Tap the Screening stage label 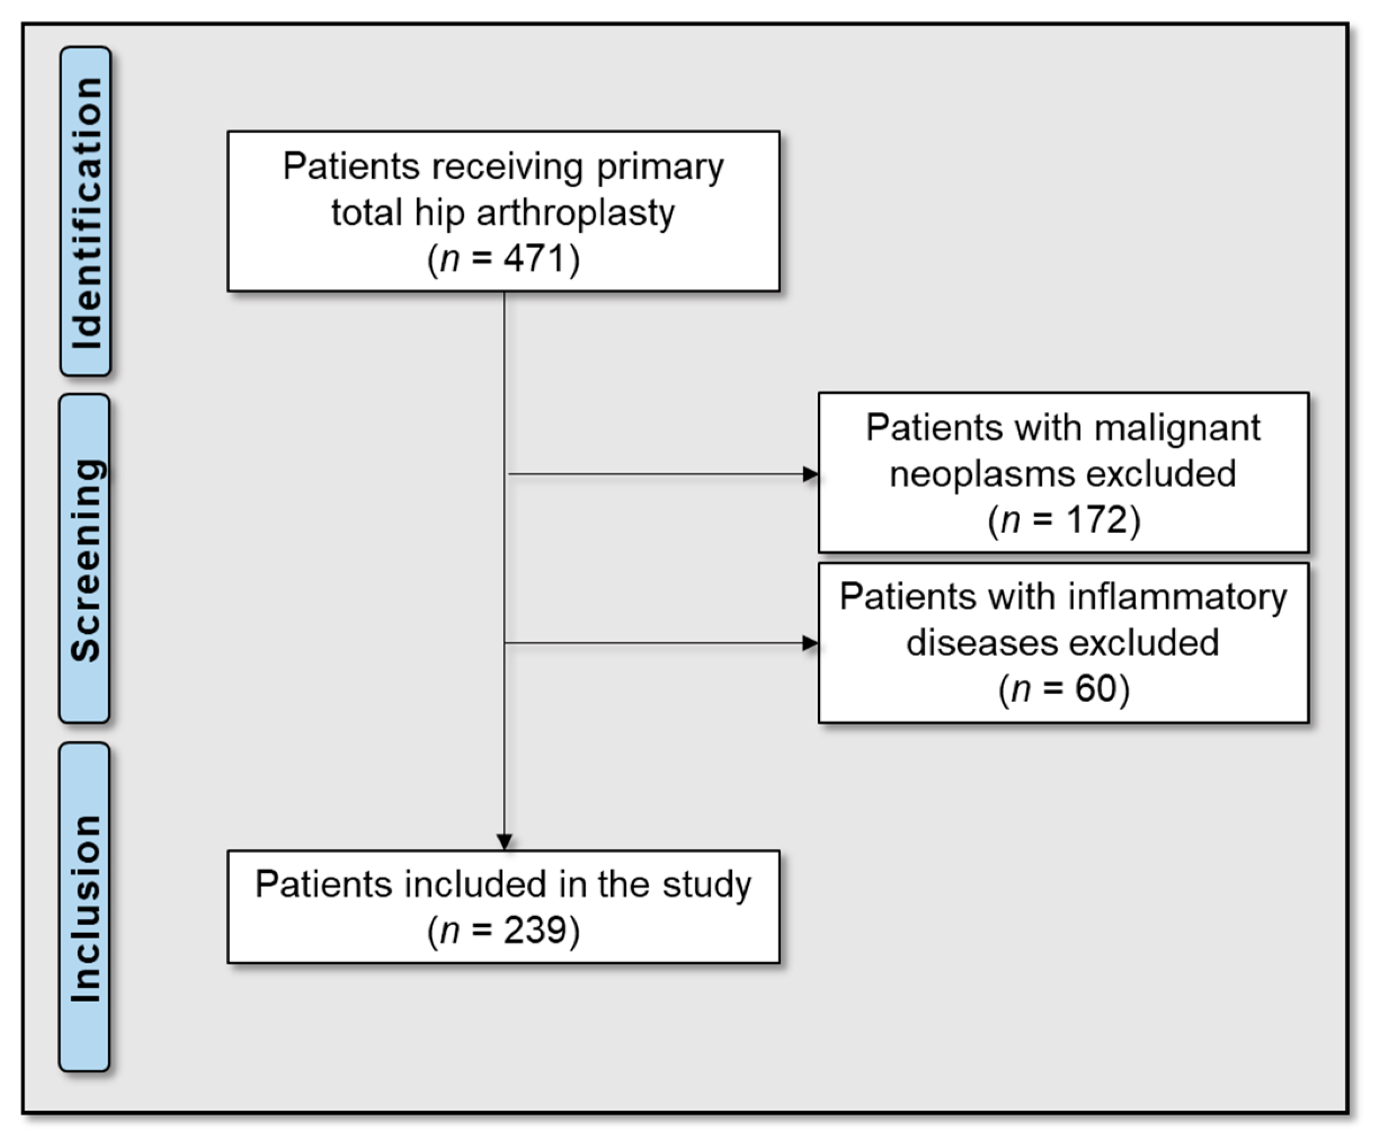click(85, 559)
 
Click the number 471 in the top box click(532, 258)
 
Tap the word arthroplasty click(575, 213)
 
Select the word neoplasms click(978, 475)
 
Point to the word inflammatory click(1177, 597)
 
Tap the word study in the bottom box click(707, 884)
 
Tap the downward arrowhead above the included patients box click(504, 841)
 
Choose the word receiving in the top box click(507, 166)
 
